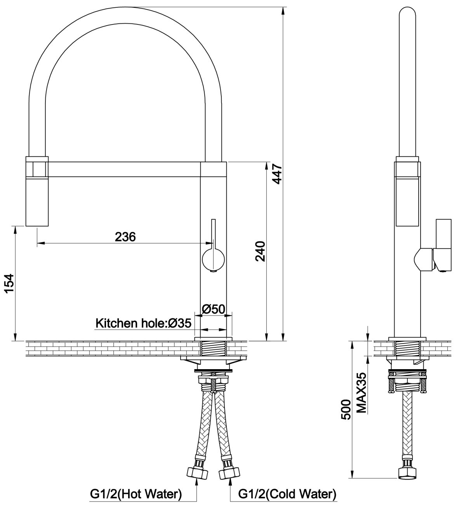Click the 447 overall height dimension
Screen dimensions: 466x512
277,174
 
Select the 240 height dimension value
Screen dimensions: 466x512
261,251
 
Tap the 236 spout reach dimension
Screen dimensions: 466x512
125,237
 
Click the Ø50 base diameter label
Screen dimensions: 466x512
214,309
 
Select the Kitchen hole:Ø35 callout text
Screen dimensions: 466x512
143,323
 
